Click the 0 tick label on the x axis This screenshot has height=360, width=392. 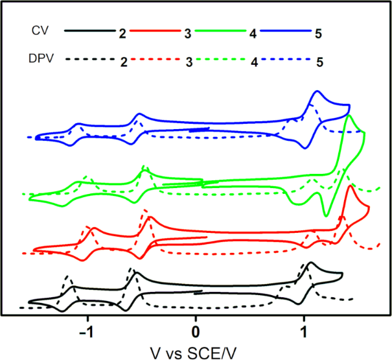(x=196, y=329)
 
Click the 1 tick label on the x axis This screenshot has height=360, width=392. (x=305, y=329)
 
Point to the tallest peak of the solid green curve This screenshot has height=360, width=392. (x=350, y=115)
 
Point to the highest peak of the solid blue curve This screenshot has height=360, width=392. (x=317, y=91)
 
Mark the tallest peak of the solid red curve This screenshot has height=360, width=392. (x=351, y=186)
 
